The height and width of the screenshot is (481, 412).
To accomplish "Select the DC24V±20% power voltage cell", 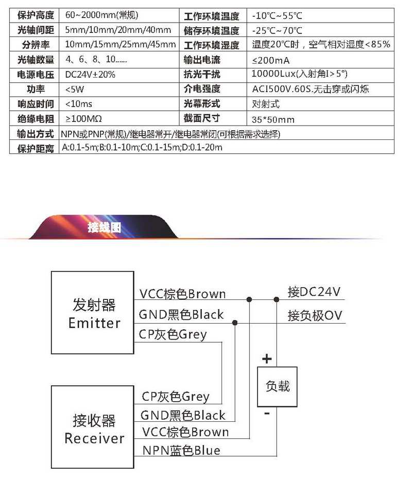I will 91,75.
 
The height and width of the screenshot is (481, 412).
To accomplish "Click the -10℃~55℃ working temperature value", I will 278,15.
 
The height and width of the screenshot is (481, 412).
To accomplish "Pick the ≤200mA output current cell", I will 271,60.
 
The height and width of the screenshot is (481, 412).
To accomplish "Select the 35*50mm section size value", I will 273,119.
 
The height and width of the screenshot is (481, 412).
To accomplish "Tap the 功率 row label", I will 35,90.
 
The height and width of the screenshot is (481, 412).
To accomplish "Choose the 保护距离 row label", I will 35,149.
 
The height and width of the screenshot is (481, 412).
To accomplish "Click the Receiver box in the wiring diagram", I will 92,427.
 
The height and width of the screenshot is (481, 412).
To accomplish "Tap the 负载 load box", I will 277,386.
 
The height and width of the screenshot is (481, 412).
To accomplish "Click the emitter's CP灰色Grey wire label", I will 173,334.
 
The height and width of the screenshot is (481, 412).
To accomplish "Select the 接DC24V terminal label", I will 314,292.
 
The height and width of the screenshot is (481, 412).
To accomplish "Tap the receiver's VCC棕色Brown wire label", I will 185,432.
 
